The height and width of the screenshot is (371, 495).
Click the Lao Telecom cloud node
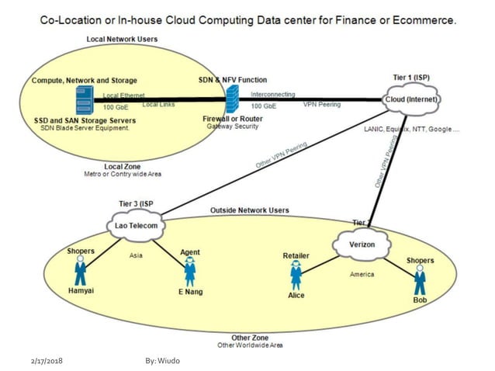pos(136,226)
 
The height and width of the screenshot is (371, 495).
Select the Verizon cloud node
pos(362,244)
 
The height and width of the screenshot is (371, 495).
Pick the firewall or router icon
pos(232,99)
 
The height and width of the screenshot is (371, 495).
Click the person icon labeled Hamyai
pos(80,271)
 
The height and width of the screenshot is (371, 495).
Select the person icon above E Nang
pos(189,271)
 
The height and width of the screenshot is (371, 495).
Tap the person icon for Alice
pos(296,273)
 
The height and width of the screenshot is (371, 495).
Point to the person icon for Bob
pos(420,278)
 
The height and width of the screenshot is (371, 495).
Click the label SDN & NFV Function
pos(231,80)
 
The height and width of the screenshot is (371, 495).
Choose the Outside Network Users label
pos(249,210)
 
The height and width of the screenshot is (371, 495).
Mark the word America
pos(362,274)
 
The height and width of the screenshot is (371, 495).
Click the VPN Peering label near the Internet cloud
pos(321,105)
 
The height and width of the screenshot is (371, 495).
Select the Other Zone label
pos(250,338)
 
